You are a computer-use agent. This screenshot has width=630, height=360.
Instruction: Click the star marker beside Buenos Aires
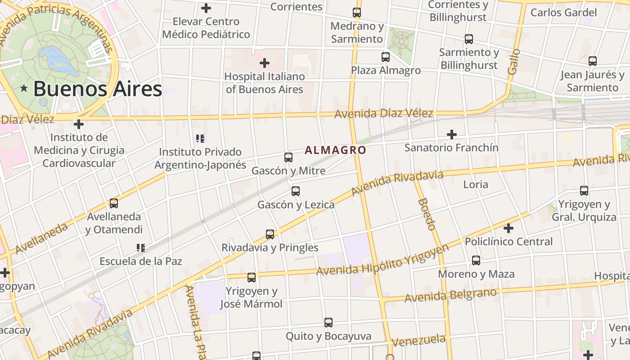[x=24, y=89]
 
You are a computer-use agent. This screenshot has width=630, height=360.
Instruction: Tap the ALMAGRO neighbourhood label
[x=335, y=150]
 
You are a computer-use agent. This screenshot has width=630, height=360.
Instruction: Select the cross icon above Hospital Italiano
[x=265, y=63]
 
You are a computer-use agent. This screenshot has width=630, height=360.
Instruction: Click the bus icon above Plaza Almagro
[x=386, y=57]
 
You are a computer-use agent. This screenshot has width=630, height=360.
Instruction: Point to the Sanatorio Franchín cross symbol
[x=451, y=134]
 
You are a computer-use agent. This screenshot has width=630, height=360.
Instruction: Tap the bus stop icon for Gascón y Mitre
[x=288, y=157]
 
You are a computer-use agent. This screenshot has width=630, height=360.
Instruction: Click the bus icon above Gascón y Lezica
[x=296, y=191]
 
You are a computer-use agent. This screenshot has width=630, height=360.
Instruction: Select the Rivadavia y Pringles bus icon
[x=270, y=234]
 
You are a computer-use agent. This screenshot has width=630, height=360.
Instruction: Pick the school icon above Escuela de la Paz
[x=141, y=247]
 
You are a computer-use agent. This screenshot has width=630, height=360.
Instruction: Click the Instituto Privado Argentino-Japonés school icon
[x=200, y=139]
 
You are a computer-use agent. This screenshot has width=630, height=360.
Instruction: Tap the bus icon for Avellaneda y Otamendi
[x=114, y=203]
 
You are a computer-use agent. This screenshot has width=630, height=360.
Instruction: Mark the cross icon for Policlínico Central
[x=508, y=228]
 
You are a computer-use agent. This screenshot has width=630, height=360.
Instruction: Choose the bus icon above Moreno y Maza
[x=476, y=261]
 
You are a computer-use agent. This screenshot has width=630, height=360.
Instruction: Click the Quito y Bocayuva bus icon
[x=328, y=323]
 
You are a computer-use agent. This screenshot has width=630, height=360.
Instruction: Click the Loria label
[x=476, y=184]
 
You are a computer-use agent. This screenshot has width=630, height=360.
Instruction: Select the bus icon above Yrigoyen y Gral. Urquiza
[x=584, y=191]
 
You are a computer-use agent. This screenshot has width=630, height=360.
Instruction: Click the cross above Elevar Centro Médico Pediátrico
[x=206, y=8]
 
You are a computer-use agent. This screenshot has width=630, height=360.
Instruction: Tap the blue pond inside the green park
[x=58, y=60]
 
